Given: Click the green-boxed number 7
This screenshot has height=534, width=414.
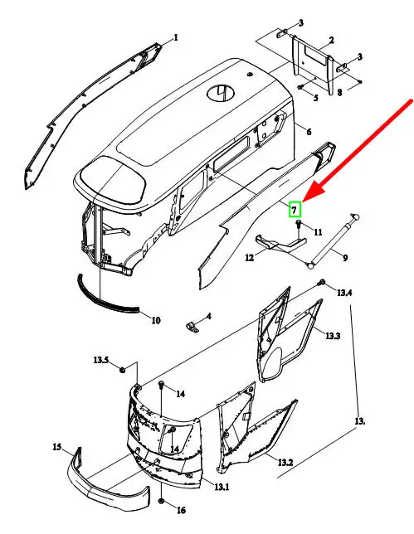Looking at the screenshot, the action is click(295, 210).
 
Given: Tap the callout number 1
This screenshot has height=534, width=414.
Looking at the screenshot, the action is click(176, 37).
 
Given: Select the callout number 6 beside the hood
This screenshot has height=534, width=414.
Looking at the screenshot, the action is click(309, 132).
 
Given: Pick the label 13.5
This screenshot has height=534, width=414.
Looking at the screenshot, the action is click(101, 360).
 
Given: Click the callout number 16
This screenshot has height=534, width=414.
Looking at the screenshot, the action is click(181, 510).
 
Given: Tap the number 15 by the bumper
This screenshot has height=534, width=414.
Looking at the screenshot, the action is click(57, 446).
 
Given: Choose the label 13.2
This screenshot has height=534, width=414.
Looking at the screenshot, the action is click(285, 462).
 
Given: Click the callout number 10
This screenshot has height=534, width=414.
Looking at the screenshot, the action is click(155, 320).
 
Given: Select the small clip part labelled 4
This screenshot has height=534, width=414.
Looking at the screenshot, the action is click(193, 328).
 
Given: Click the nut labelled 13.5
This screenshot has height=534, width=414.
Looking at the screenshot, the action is click(122, 370).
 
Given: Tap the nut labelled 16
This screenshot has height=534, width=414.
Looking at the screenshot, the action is click(162, 502).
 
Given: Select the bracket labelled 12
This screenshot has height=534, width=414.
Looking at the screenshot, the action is click(280, 244).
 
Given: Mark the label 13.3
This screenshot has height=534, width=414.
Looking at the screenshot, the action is click(333, 336).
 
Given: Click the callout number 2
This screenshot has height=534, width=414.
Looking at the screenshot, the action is click(331, 41).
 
